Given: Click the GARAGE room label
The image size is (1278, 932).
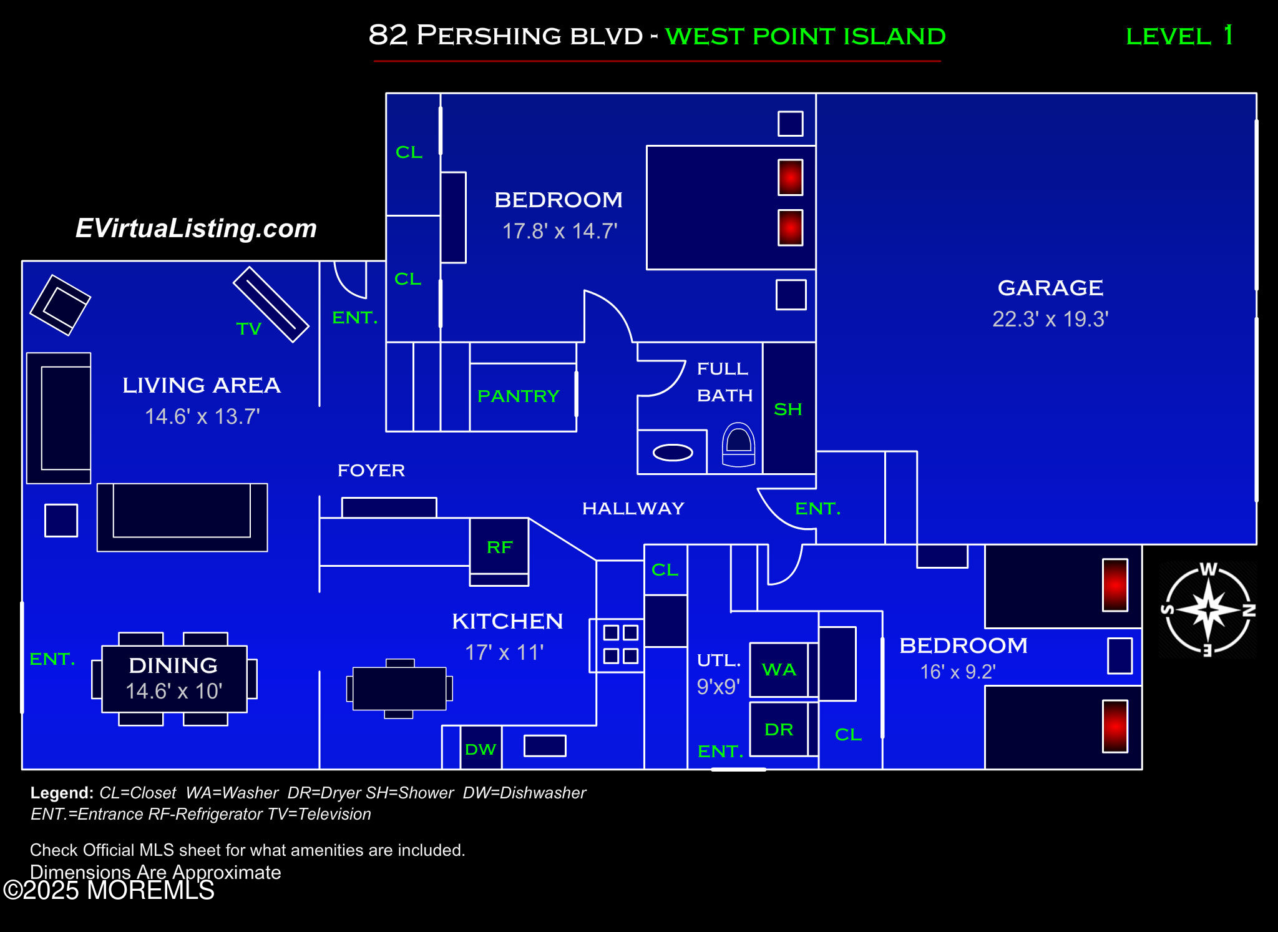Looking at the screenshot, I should [x=1050, y=288].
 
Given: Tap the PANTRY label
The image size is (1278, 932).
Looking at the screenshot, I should [x=518, y=396].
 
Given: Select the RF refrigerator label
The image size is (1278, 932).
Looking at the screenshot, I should [x=499, y=547].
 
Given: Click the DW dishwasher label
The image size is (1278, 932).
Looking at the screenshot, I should [x=480, y=749].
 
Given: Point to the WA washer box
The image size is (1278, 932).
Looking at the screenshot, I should [x=779, y=670].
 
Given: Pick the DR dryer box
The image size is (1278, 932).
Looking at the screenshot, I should [x=779, y=729].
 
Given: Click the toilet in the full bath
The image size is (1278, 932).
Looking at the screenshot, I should [x=738, y=444].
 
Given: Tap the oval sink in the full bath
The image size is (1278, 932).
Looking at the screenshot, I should [x=673, y=453].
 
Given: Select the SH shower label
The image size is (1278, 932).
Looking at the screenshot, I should [x=788, y=410].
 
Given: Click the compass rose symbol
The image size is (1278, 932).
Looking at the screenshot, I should [x=1208, y=610].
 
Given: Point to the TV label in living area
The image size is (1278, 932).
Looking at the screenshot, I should [x=248, y=329].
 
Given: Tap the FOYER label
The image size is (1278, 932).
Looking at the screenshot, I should [x=371, y=470].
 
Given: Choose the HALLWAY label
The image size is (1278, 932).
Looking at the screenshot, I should [x=633, y=508].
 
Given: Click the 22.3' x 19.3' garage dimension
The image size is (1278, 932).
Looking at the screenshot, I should [x=1050, y=319].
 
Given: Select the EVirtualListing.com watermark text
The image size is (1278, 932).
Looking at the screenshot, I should [x=196, y=228].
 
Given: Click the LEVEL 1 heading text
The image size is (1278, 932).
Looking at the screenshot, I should [x=1179, y=36].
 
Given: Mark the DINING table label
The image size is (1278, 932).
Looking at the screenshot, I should [x=173, y=665].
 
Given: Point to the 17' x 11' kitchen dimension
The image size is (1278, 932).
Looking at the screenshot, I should [x=504, y=652].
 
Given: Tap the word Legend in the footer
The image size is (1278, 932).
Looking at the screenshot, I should [x=61, y=793].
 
